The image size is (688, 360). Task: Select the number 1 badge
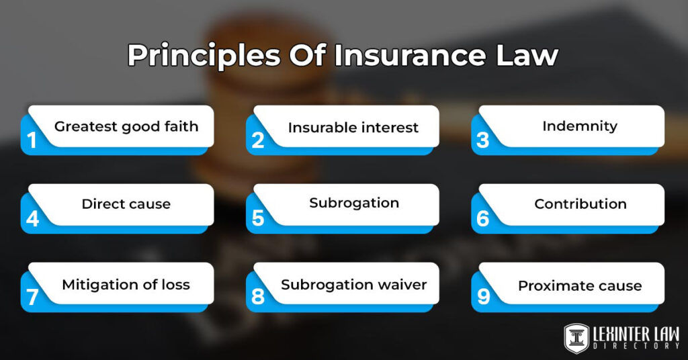31,140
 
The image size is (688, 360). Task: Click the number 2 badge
257,140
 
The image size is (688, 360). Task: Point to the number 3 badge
482,140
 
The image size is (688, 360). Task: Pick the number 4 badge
32,219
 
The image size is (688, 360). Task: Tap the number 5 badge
257,219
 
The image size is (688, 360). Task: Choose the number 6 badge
482,219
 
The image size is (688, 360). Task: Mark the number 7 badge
32,298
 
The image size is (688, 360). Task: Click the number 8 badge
257,298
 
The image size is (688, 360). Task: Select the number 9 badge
482,298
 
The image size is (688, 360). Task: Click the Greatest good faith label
126,127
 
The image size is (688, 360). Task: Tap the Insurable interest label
353,128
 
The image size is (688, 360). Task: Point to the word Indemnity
580,126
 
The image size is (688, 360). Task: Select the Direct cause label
126,204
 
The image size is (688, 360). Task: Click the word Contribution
580,204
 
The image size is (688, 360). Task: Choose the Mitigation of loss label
126,285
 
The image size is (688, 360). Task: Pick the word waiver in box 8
401,285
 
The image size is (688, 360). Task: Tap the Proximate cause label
580,286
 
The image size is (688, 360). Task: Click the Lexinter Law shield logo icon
576,337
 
